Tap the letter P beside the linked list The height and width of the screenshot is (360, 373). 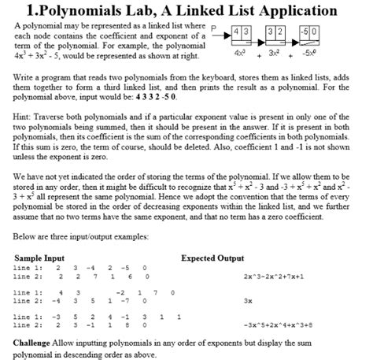[x=210, y=32]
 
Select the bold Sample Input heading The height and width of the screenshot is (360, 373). [x=39, y=258]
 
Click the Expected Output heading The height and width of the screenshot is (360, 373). [x=212, y=258]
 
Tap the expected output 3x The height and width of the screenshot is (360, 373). [x=248, y=300]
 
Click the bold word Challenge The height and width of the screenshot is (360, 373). [x=37, y=343]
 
